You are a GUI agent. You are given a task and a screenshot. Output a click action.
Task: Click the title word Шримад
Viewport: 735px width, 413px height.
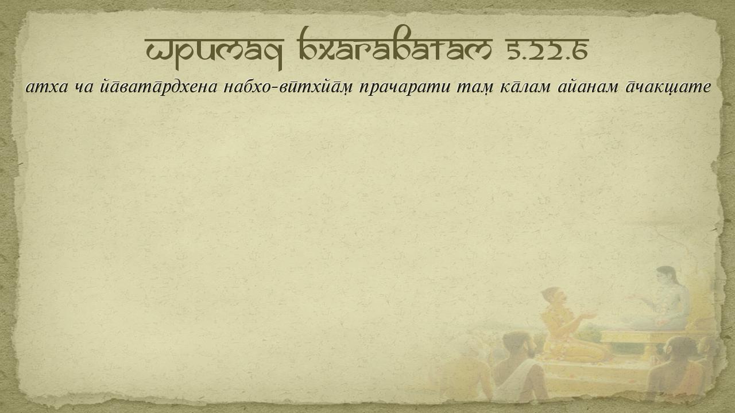tap(214, 52)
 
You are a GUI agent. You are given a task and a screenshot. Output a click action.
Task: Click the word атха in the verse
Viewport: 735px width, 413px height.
tap(47, 87)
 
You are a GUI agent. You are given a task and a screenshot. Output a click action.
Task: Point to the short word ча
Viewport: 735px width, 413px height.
tap(84, 88)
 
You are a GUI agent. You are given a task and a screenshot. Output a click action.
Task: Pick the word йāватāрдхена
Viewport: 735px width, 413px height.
tap(158, 87)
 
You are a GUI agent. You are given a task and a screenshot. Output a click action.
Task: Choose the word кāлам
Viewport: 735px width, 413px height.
tap(525, 87)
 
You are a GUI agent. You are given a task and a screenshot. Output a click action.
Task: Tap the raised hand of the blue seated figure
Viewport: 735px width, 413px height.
tap(635, 298)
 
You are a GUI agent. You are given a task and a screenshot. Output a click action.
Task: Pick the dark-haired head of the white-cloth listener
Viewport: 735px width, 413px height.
tap(517, 344)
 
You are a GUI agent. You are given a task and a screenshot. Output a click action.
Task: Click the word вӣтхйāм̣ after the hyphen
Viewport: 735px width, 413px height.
tap(316, 87)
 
